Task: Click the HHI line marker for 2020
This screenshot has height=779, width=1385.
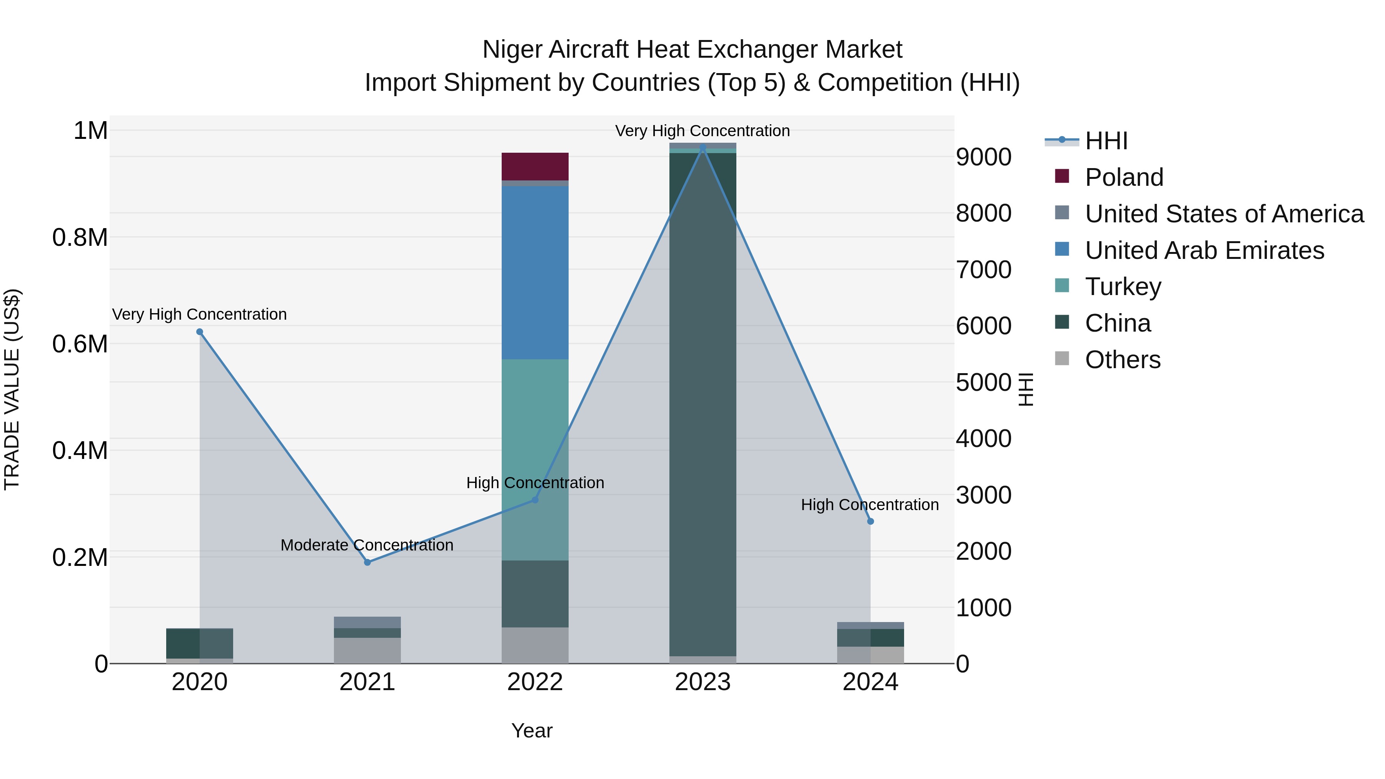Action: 199,332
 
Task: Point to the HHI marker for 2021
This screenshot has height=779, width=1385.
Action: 367,562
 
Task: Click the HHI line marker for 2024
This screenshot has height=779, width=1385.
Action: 871,521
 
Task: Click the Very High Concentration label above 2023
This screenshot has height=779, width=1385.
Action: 702,131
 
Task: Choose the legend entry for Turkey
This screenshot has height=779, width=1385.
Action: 1123,287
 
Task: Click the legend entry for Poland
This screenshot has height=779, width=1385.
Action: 1124,177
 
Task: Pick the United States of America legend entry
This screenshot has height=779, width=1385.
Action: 1224,214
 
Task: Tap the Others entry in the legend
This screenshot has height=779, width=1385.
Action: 1122,360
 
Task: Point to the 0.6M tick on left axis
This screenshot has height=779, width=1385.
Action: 80,344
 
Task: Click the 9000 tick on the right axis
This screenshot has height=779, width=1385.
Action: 983,157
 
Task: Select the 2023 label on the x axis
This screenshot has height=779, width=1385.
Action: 702,682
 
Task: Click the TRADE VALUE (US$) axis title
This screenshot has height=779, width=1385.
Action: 12,389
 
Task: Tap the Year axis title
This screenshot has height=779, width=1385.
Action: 532,731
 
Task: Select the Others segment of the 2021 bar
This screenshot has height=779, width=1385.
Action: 367,650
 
